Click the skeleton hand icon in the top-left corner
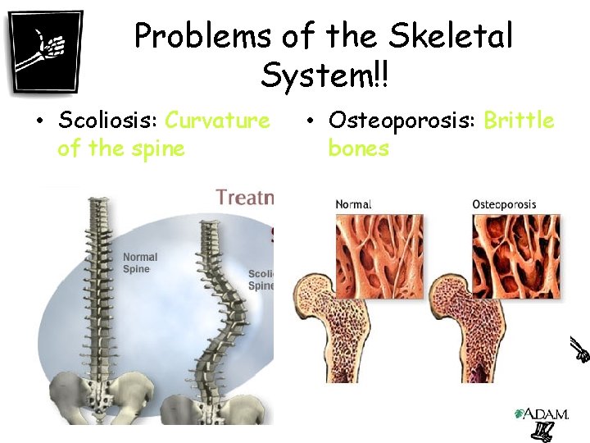(x=46, y=51)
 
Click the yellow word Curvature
(x=217, y=121)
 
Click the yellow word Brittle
(x=519, y=121)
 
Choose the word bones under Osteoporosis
(x=358, y=148)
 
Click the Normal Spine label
(x=140, y=263)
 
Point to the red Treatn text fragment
(x=244, y=197)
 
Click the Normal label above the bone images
(x=353, y=204)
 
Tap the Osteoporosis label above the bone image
(x=504, y=204)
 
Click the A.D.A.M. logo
(x=540, y=414)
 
